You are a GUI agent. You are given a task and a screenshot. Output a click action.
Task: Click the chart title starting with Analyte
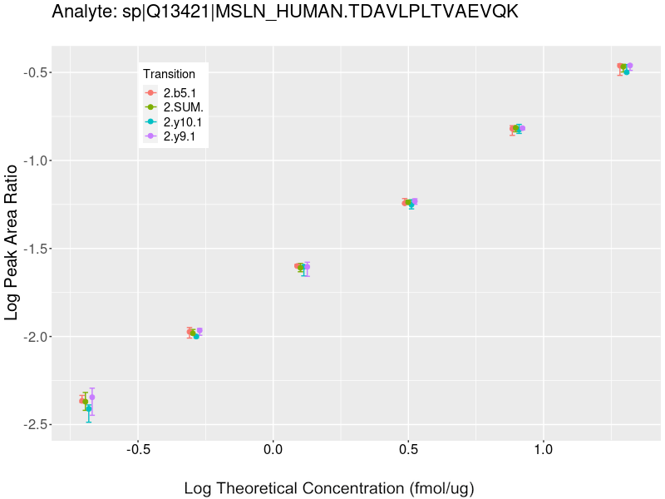pyautogui.click(x=285, y=12)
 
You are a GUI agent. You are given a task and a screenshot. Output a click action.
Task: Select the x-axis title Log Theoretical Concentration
pyautogui.click(x=328, y=488)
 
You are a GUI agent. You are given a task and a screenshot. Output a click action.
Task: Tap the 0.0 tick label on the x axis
pyautogui.click(x=273, y=450)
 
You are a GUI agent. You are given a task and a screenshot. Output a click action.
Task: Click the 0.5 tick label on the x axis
pyautogui.click(x=408, y=450)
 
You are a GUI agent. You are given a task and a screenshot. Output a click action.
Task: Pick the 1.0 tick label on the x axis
pyautogui.click(x=543, y=450)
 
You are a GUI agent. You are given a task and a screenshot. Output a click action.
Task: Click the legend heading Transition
pyautogui.click(x=169, y=74)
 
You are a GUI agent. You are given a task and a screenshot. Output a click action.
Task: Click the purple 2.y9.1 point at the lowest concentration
pyautogui.click(x=92, y=397)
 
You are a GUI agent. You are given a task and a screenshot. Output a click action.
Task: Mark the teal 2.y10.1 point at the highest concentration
pyautogui.click(x=627, y=72)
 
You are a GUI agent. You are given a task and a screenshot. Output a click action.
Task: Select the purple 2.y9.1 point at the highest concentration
pyautogui.click(x=630, y=66)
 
